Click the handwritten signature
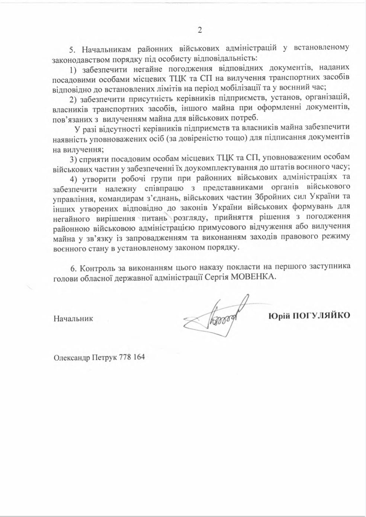(x=216, y=316)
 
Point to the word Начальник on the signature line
(x=73, y=318)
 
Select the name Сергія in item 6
(x=214, y=277)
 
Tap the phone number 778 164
(x=132, y=357)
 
